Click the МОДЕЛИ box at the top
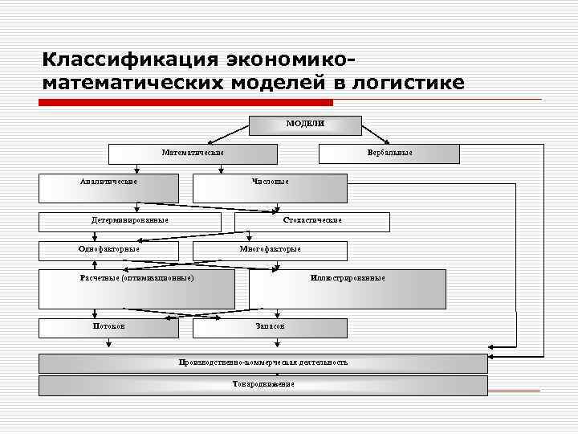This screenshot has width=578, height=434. tap(305, 125)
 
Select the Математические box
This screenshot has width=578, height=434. tap(193, 153)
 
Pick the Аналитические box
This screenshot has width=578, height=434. tap(108, 182)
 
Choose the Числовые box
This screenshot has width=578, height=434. tap(270, 182)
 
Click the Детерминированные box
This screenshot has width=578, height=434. tap(129, 220)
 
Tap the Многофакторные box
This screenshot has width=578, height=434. tap(270, 249)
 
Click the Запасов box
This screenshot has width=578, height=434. tap(270, 327)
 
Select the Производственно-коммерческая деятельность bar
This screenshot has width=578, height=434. tap(263, 363)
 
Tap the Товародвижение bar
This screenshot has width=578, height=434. tap(263, 385)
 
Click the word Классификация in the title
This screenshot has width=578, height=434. tap(128, 61)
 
